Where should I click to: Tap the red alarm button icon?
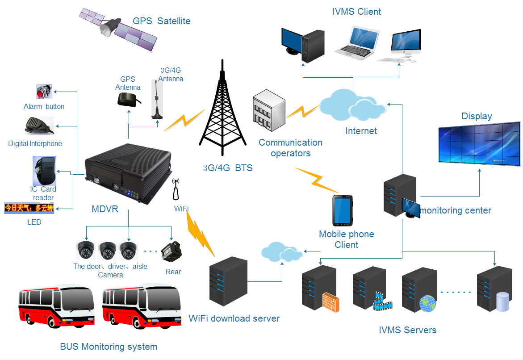pos(44,92)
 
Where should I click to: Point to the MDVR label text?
pos(105,209)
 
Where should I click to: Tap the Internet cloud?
pos(353,104)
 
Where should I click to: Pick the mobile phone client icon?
pos(343,210)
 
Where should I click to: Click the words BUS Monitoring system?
pos(109,346)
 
